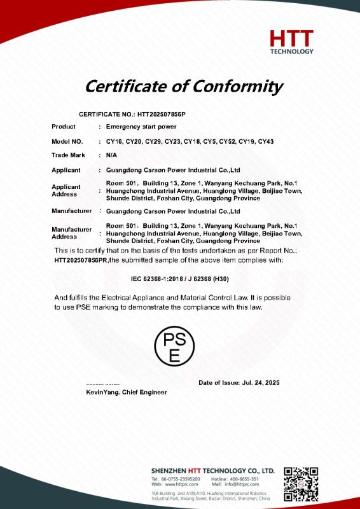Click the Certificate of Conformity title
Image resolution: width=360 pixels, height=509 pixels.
point(184,85)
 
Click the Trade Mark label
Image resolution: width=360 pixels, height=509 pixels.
point(68,155)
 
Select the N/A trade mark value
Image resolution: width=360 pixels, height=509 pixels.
point(111,155)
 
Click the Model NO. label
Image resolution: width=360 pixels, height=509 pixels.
point(67,141)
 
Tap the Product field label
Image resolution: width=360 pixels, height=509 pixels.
point(64,127)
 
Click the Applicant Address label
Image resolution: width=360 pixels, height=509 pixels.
point(66,190)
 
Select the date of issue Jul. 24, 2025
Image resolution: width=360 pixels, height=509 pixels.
point(260,383)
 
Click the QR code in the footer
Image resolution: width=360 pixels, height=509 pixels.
point(300,484)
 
